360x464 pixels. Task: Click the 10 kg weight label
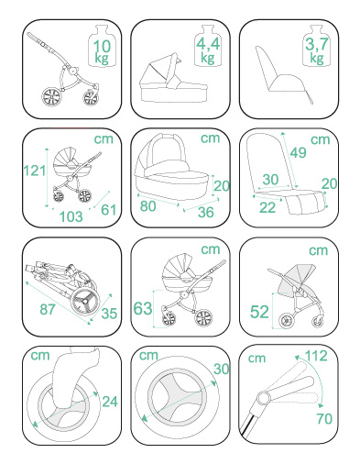pyautogui.click(x=102, y=51)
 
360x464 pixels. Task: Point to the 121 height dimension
pyautogui.click(x=35, y=171)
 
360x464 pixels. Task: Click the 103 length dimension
pyautogui.click(x=71, y=216)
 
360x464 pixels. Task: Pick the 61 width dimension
pyautogui.click(x=109, y=210)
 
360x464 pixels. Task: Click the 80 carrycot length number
pyautogui.click(x=148, y=206)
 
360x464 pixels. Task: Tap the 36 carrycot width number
pyautogui.click(x=205, y=212)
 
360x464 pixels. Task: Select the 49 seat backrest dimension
pyautogui.click(x=298, y=152)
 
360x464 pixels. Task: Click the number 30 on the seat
pyautogui.click(x=270, y=180)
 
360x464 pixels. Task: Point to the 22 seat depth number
pyautogui.click(x=267, y=207)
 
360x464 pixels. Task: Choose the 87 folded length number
pyautogui.click(x=48, y=309)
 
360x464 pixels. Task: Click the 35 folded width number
pyautogui.click(x=109, y=314)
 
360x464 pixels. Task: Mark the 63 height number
pyautogui.click(x=143, y=308)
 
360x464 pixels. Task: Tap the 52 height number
pyautogui.click(x=259, y=312)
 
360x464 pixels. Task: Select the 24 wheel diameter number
pyautogui.click(x=110, y=402)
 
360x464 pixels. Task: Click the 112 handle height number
pyautogui.click(x=316, y=356)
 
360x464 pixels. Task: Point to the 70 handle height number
pyautogui.click(x=324, y=418)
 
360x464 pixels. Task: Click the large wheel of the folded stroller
pyautogui.click(x=85, y=301)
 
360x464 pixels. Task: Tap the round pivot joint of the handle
pyautogui.click(x=264, y=398)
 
